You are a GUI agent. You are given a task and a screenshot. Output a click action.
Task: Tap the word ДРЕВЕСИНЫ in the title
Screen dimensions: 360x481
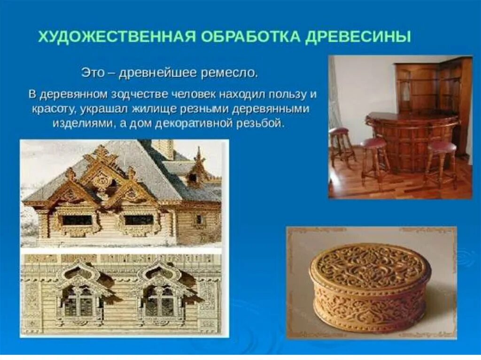pos(357,37)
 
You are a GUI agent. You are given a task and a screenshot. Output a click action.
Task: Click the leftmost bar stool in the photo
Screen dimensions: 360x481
pos(340,143)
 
